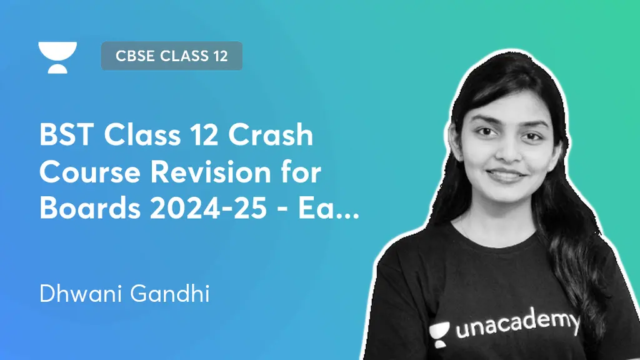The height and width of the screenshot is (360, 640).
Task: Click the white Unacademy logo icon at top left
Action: [x=57, y=57]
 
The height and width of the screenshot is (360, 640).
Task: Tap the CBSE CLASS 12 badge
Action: [x=171, y=56]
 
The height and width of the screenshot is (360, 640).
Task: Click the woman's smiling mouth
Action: [x=505, y=176]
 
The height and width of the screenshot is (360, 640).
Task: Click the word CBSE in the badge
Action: [x=135, y=56]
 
